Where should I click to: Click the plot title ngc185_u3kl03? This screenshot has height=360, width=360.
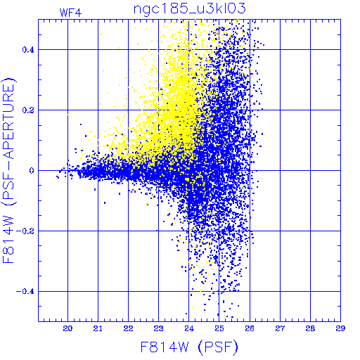[189, 9]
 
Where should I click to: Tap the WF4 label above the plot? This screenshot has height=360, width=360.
[70, 13]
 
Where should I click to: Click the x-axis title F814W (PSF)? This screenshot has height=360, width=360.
[189, 347]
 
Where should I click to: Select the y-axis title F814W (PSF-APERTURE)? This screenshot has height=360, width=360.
[9, 170]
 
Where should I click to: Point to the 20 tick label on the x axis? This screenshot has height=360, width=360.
[67, 328]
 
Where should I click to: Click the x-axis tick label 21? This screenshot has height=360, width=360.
[98, 328]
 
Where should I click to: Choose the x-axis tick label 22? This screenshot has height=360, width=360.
[128, 328]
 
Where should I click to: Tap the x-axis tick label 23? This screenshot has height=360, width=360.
[158, 328]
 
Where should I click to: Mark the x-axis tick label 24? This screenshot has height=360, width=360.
[189, 328]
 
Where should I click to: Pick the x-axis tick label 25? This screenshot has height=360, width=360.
[219, 328]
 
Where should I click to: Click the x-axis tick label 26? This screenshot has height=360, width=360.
[250, 328]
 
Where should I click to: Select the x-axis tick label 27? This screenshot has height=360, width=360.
[280, 328]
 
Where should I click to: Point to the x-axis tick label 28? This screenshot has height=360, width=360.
[310, 328]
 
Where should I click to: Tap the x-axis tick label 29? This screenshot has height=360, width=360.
[340, 328]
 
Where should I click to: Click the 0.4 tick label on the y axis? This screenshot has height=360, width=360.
[28, 50]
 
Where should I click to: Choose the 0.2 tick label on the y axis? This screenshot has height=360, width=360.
[28, 110]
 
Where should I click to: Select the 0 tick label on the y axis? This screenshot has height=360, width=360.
[32, 170]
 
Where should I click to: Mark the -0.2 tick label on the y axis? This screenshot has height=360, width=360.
[25, 231]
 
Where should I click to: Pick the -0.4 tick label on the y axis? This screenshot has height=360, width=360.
[25, 292]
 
